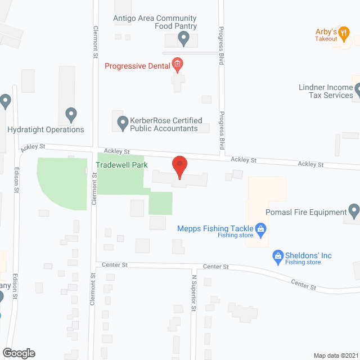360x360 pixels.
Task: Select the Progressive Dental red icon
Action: [x=177, y=65]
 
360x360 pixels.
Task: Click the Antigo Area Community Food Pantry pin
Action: [x=183, y=38]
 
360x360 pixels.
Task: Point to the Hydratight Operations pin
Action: [x=70, y=115]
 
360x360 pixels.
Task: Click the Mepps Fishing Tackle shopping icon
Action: [x=260, y=229]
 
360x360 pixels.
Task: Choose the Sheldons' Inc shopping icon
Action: [x=277, y=256]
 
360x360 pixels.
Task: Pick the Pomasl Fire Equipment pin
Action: [x=354, y=211]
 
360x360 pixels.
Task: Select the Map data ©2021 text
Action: [x=335, y=355]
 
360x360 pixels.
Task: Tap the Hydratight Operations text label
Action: [x=46, y=129]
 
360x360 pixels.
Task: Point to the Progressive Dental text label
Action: [x=137, y=66]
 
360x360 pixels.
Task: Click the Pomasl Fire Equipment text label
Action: [x=305, y=212]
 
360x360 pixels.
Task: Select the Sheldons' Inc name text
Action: [x=308, y=255]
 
